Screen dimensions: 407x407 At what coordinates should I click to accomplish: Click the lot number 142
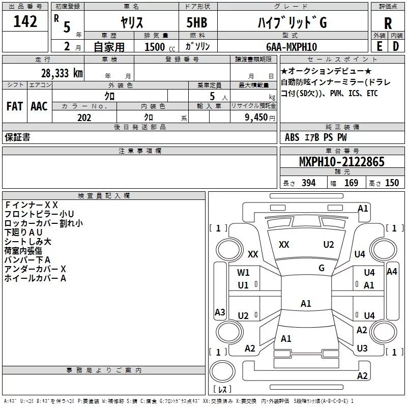point(25,21)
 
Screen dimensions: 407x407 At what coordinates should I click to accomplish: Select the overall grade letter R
point(388,24)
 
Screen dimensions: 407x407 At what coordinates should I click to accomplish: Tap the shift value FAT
point(14,106)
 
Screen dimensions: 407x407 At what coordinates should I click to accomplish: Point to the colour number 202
point(84,118)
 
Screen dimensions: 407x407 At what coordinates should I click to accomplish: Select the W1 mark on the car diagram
point(244,272)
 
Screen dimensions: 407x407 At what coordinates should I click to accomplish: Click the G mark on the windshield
point(321,268)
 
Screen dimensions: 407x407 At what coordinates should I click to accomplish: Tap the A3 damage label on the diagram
point(220,312)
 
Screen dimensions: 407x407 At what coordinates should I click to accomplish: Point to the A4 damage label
point(391,272)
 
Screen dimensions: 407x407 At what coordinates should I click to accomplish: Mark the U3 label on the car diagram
point(362,348)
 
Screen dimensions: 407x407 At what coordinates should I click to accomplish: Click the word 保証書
point(17,137)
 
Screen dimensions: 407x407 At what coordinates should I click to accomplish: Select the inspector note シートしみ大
point(28,242)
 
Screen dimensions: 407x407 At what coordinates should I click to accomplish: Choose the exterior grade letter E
point(379,47)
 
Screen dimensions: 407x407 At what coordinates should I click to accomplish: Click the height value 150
point(392,183)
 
